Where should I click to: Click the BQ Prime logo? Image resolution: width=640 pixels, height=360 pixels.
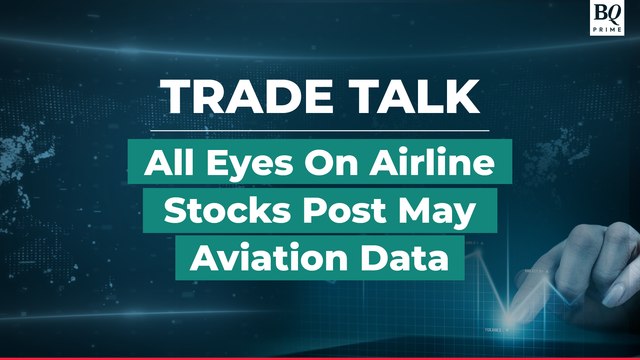point(606,18)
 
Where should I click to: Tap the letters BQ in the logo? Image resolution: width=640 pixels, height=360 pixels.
point(606,13)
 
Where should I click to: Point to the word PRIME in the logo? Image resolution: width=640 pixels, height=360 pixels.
point(606,29)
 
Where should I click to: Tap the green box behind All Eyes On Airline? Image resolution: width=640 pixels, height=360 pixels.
point(320,161)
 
